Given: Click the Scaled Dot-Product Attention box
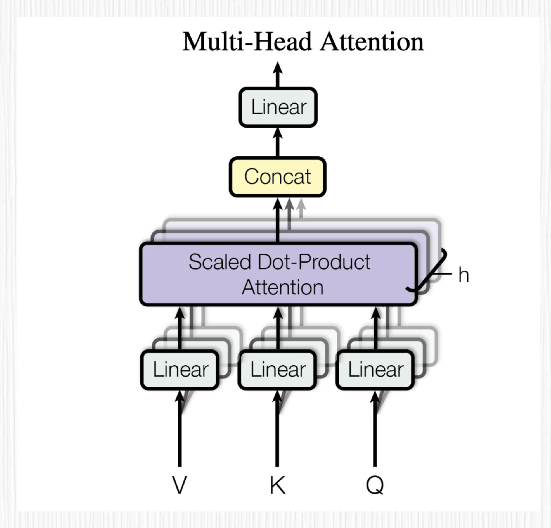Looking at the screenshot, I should coord(278,274).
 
